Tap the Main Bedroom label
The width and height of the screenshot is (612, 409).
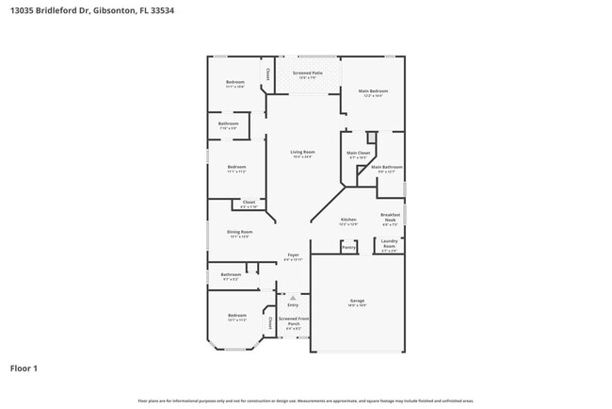[373, 91]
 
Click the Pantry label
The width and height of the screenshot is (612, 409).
[348, 247]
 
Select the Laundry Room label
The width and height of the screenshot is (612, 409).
[389, 245]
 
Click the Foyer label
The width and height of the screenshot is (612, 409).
[293, 255]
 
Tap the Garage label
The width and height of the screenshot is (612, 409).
[357, 303]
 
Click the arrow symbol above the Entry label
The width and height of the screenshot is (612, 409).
[293, 297]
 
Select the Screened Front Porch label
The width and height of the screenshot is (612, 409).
[293, 321]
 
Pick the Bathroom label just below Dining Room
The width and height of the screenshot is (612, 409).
[230, 275]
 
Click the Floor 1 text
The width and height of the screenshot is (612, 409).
[24, 368]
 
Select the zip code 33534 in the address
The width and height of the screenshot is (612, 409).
[160, 10]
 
